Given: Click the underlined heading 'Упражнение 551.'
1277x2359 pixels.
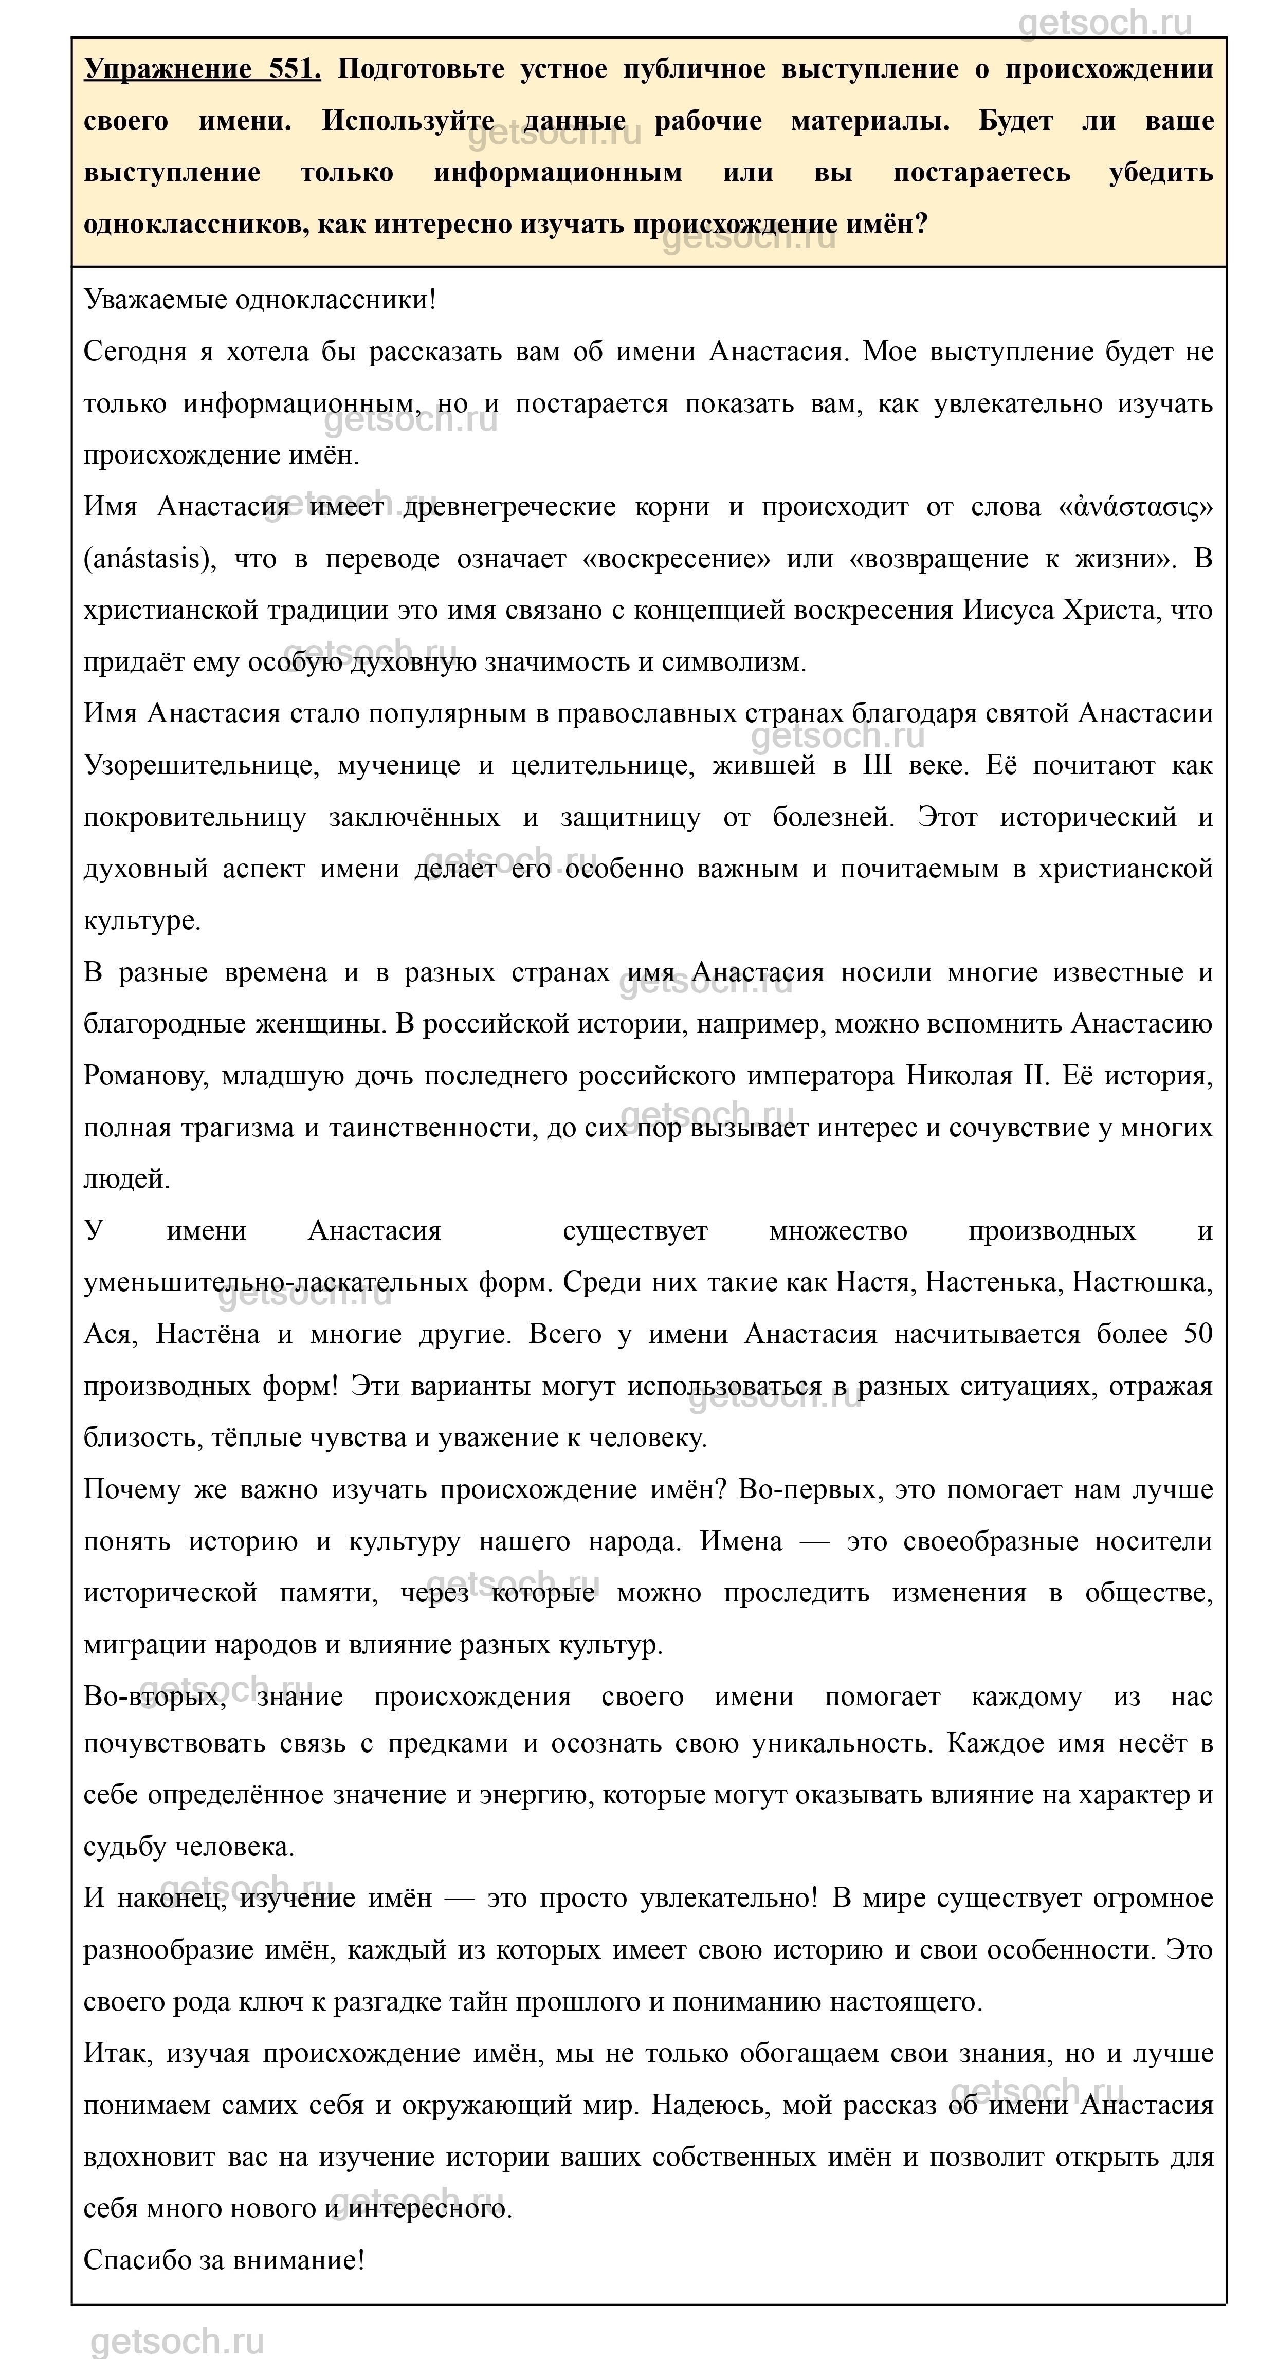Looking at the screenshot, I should point(203,69).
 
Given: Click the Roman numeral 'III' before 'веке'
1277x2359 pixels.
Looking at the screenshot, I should point(877,766).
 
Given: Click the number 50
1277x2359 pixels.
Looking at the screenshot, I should point(1197,1334).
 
